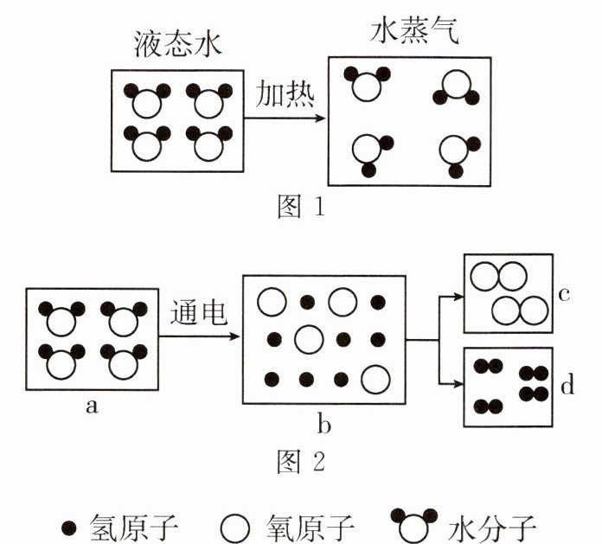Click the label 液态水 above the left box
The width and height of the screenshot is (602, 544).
(x=178, y=44)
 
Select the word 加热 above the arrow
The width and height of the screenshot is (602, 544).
(x=285, y=93)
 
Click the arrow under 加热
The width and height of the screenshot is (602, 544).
(x=285, y=118)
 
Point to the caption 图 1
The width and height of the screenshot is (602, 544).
(x=301, y=206)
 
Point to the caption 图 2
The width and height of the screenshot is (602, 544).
(x=301, y=462)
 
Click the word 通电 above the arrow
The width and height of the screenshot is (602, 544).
(x=198, y=312)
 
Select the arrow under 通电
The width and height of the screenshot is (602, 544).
(x=199, y=336)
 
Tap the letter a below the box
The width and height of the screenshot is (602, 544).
(x=92, y=406)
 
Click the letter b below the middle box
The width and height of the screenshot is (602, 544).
(x=324, y=424)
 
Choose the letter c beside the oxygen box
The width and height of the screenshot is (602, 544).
(x=564, y=294)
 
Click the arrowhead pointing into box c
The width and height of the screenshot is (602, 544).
(x=458, y=296)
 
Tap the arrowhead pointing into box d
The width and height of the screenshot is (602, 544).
(x=458, y=383)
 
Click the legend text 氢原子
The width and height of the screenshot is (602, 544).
(x=133, y=528)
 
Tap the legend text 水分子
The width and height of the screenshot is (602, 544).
(x=491, y=528)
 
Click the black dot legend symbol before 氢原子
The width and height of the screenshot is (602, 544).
(x=69, y=528)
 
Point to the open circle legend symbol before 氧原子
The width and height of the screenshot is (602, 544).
(x=235, y=529)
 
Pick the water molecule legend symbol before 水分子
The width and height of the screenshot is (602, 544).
(x=413, y=526)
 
